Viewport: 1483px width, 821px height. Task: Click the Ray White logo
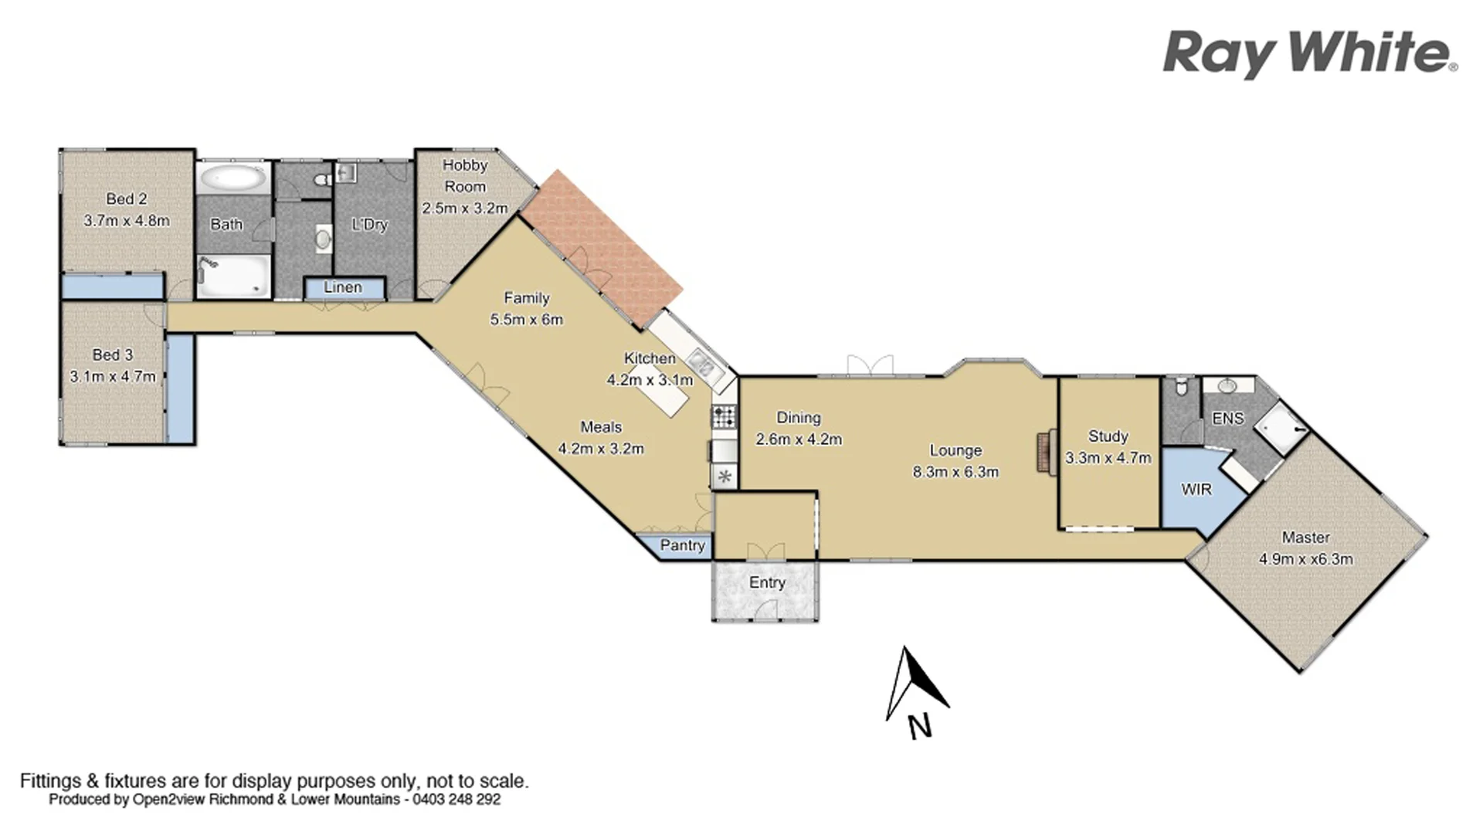point(1309,54)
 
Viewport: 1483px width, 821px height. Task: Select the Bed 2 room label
point(127,198)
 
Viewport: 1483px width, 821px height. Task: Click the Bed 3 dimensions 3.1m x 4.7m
point(113,377)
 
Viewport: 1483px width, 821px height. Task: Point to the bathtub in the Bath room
point(232,179)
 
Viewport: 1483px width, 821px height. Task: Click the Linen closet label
point(343,287)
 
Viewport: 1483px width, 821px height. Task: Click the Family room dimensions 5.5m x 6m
point(527,319)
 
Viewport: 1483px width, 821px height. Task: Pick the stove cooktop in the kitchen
point(724,417)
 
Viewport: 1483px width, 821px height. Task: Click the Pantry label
point(682,545)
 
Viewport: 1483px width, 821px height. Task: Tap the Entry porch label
point(767,582)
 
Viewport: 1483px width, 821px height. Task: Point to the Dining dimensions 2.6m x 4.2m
point(799,439)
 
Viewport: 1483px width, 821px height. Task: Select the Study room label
point(1108,436)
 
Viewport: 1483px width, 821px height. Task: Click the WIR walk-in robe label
point(1196,489)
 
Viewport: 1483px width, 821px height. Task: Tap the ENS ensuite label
point(1228,418)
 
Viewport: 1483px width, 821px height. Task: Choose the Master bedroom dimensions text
point(1306,558)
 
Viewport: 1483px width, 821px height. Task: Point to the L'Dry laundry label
point(369,225)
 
